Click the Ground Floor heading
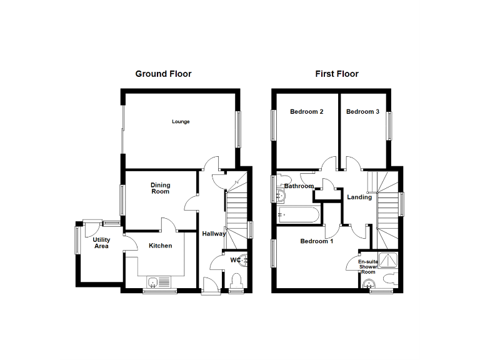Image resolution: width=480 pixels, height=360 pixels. [163, 74]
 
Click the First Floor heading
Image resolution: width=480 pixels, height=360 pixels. [336, 74]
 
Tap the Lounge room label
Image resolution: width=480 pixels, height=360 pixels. [181, 121]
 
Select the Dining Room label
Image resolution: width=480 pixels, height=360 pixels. [160, 188]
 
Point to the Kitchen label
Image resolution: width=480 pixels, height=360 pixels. [160, 246]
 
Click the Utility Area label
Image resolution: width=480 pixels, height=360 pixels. [101, 243]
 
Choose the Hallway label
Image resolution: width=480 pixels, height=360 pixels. [214, 234]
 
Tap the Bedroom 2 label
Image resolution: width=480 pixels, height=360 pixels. [306, 112]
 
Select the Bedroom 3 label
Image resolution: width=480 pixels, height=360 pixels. [362, 112]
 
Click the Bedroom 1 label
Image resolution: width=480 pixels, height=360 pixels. [316, 241]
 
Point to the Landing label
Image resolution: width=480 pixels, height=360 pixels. [359, 197]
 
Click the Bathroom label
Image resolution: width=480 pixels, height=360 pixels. [299, 186]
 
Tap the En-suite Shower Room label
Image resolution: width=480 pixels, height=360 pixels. [367, 266]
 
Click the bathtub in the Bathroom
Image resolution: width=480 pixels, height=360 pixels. [299, 215]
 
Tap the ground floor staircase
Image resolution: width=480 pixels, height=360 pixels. [237, 209]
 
